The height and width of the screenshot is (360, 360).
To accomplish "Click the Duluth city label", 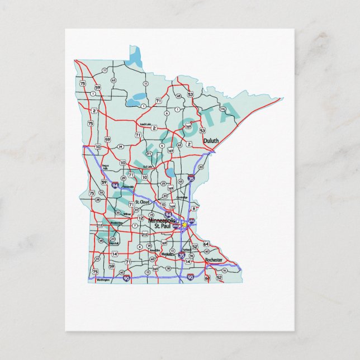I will (x=211, y=141).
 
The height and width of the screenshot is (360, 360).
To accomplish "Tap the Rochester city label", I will (x=214, y=260).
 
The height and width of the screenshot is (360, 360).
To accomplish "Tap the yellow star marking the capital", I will (x=184, y=224).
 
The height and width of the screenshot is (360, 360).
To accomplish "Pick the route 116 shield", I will (x=222, y=108).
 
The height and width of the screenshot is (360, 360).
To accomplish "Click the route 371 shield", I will (x=149, y=153).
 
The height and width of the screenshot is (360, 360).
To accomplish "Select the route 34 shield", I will (x=120, y=146).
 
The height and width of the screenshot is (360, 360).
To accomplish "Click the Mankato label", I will (x=167, y=254).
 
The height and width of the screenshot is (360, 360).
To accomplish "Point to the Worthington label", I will (x=103, y=279).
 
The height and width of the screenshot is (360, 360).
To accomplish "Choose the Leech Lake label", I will (x=145, y=124).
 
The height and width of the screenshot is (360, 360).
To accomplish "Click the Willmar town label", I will (x=127, y=214).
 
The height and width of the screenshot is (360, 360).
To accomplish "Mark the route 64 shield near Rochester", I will (x=206, y=244).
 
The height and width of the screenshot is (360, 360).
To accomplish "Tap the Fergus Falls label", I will (x=105, y=167).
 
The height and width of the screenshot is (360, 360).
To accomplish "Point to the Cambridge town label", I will (x=182, y=197).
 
